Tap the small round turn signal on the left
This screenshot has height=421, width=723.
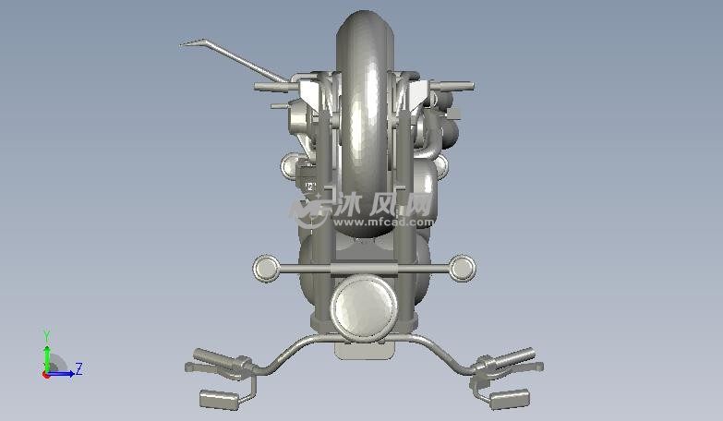coord(267,269)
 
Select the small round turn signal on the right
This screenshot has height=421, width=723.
coord(462,269)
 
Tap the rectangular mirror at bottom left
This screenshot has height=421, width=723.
coord(220,400)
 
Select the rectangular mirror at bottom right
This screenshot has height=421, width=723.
coord(509,399)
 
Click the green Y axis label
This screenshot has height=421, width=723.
coord(46,336)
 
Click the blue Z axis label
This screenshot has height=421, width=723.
coord(79,369)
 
